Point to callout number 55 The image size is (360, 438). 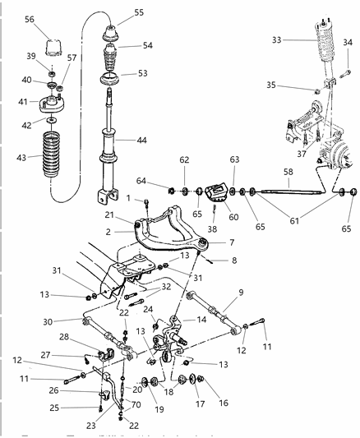(138, 12)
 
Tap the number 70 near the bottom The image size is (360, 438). (136, 404)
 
